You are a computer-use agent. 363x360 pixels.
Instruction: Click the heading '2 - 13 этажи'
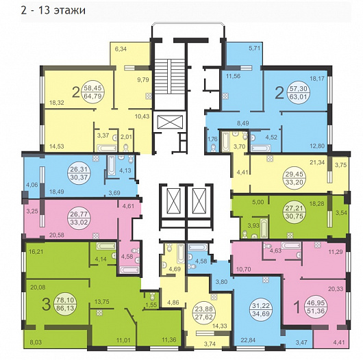(x=53, y=10)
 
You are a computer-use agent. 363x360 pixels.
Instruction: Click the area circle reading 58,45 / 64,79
(x=93, y=92)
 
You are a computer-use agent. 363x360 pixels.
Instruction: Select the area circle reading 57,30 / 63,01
(x=298, y=92)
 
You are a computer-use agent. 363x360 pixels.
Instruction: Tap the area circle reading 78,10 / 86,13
(x=65, y=304)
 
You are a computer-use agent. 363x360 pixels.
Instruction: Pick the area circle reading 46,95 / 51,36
(x=316, y=307)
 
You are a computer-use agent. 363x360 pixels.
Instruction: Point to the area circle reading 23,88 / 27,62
(x=204, y=313)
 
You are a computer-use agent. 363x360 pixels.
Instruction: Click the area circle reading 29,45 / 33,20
(x=295, y=178)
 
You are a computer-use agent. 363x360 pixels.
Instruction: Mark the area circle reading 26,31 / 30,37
(x=79, y=173)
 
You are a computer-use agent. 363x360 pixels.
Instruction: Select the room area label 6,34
(x=121, y=49)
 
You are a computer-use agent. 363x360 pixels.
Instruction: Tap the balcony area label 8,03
(x=36, y=342)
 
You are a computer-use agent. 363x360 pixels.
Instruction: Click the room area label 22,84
(x=248, y=340)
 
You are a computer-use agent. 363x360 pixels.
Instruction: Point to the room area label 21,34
(x=317, y=162)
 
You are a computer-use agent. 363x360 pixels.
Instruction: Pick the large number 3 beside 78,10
(x=47, y=305)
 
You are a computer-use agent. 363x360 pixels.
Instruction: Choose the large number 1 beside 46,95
(x=297, y=307)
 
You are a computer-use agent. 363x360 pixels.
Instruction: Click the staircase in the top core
(x=170, y=77)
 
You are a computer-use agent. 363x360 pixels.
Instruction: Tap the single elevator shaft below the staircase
(x=170, y=122)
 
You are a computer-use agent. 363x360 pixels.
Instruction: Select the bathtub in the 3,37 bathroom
(x=106, y=148)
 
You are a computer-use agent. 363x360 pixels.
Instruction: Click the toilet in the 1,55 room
(x=152, y=296)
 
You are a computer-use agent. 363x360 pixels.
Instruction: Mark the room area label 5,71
(x=254, y=49)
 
